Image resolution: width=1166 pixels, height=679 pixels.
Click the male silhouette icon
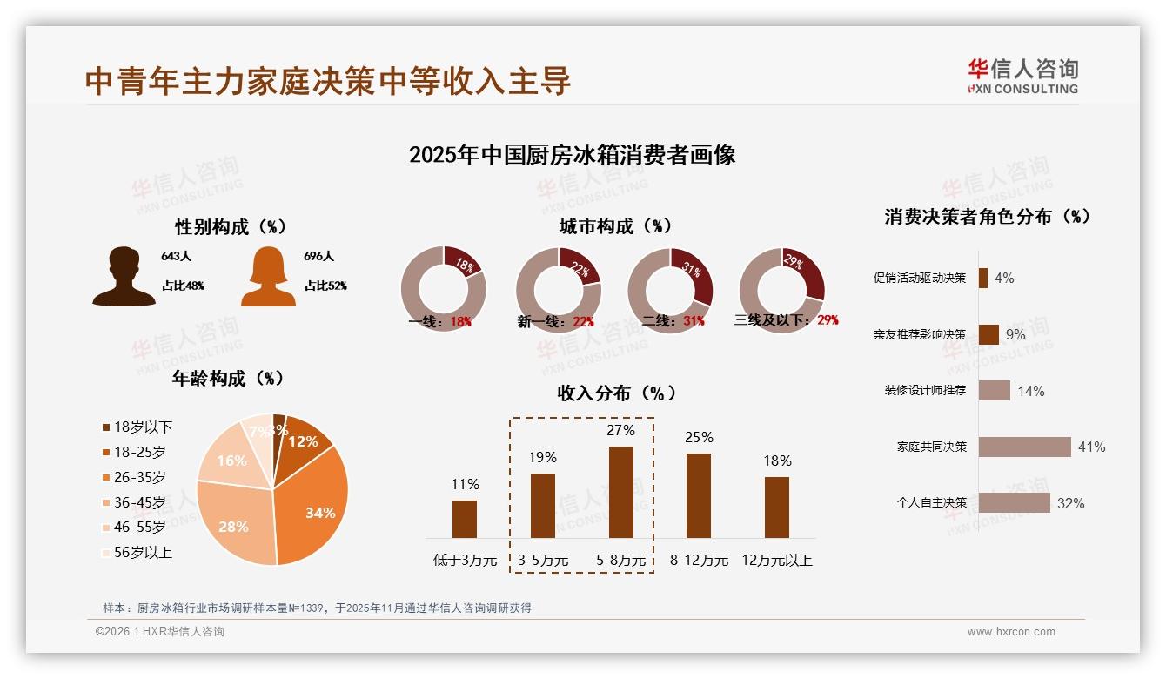[x=124, y=277]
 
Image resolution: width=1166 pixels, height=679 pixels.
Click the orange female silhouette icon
[x=268, y=277]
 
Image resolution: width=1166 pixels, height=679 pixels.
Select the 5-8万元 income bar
[x=620, y=492]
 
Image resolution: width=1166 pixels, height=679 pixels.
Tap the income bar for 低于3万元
[x=465, y=519]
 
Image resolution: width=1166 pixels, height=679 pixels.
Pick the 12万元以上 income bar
[x=777, y=507]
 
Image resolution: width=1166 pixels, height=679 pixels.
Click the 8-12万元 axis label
[x=699, y=561]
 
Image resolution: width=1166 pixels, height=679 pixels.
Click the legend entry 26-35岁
[x=139, y=477]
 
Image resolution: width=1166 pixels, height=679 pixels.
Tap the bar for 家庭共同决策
[x=1024, y=447]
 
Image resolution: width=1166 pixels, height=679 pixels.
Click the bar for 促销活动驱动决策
[x=983, y=278]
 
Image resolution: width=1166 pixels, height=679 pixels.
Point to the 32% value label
[x=1070, y=503]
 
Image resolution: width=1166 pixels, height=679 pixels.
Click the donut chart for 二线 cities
[x=670, y=290]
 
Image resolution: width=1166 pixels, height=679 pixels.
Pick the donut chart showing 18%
[x=444, y=290]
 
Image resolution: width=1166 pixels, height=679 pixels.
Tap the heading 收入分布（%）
[x=616, y=393]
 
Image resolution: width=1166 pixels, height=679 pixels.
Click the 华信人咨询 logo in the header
[x=1022, y=76]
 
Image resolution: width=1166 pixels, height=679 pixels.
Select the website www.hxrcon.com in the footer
[x=1011, y=632]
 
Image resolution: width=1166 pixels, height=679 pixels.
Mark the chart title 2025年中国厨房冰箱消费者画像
[x=573, y=155]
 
